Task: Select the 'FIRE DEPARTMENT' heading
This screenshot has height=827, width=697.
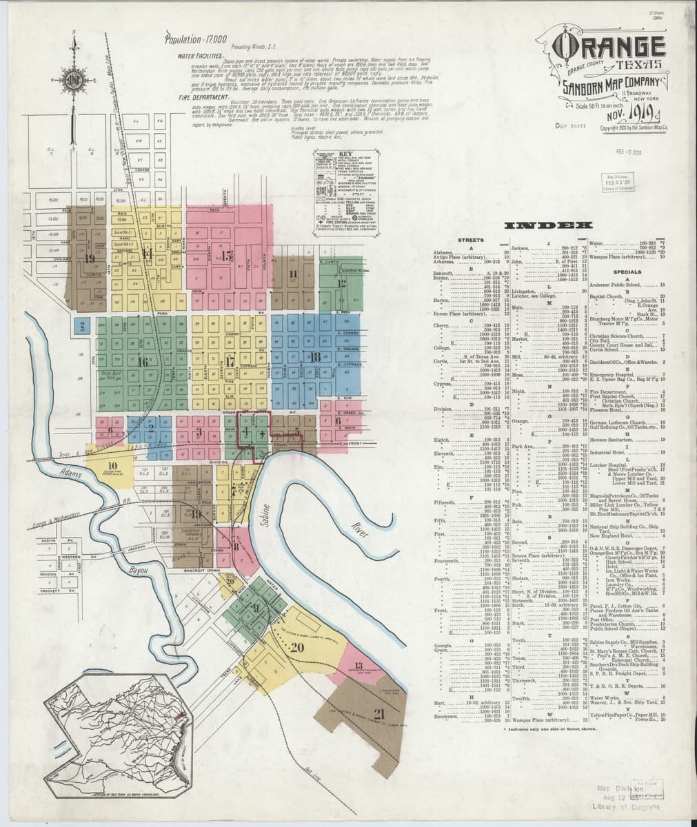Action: [196, 98]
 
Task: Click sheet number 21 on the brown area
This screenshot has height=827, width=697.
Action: [378, 713]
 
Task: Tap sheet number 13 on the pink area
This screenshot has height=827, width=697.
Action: [358, 666]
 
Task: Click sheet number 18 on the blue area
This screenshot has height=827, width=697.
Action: [314, 356]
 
